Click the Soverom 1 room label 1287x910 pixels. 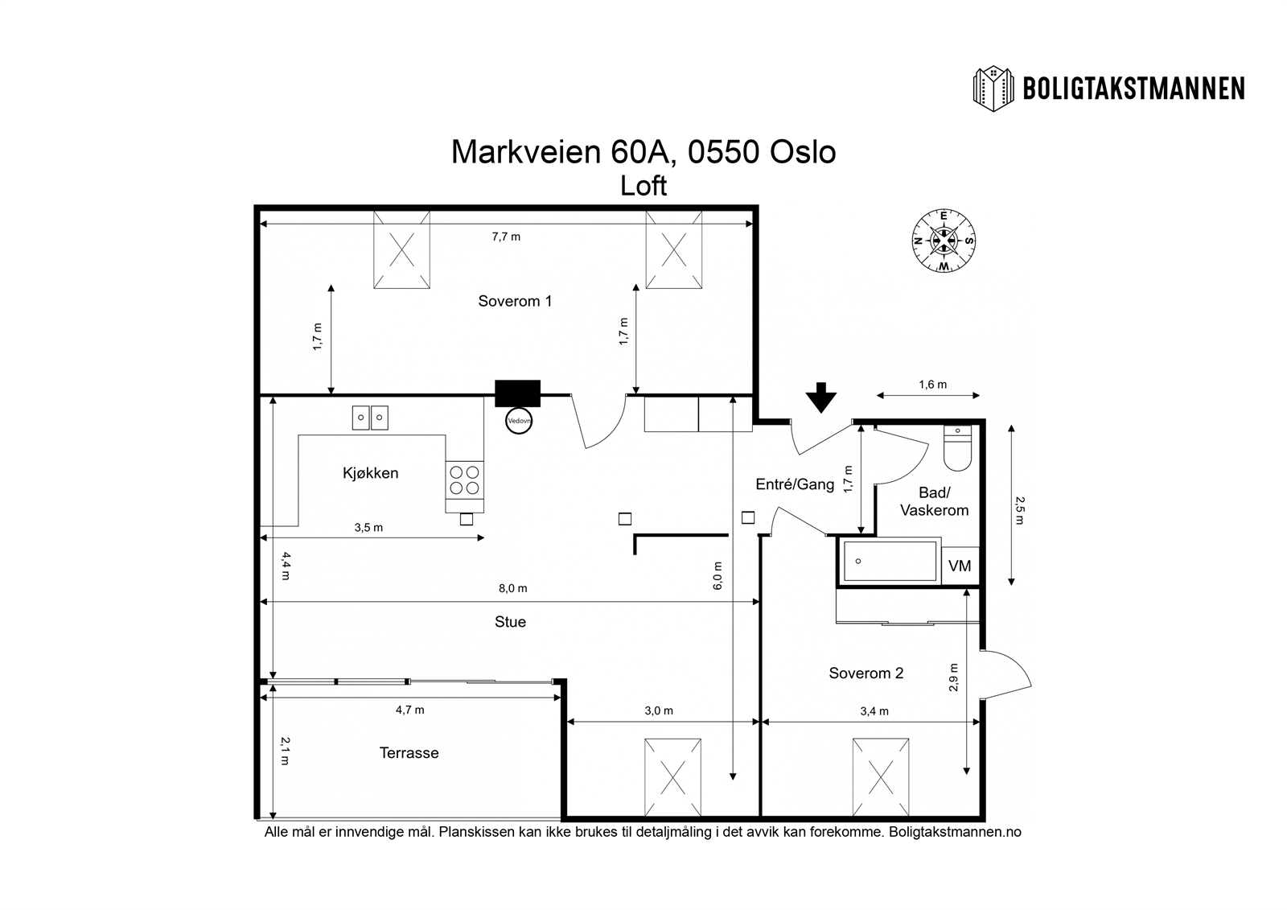515,301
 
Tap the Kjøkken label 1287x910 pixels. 371,473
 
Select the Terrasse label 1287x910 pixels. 409,753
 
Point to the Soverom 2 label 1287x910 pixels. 866,673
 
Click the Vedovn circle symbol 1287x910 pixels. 519,421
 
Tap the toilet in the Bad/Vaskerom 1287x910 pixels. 957,448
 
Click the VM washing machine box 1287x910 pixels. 960,566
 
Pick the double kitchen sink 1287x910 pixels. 370,418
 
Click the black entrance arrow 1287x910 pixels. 821,397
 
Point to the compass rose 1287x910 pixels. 944,241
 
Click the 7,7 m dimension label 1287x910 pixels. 506,237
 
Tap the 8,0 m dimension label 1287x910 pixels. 513,589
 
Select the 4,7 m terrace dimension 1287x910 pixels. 410,710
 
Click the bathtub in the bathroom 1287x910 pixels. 890,561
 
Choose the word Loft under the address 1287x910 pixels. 643,186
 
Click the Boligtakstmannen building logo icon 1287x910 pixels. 993,89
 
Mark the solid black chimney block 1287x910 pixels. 518,393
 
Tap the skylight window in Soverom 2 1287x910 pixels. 881,777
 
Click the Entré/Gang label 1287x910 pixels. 796,484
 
